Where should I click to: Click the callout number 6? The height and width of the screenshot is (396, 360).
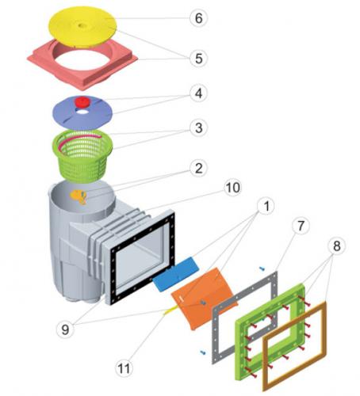tap(198, 18)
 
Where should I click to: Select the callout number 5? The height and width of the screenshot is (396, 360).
tap(198, 59)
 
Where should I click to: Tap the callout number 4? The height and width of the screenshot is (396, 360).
tap(198, 93)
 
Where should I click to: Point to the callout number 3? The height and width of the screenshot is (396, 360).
tap(198, 128)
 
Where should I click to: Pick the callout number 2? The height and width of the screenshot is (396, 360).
tap(198, 169)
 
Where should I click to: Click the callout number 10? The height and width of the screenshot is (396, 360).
tap(233, 188)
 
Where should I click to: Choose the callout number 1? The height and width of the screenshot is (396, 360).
tap(266, 206)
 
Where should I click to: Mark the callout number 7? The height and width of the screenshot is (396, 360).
tap(301, 226)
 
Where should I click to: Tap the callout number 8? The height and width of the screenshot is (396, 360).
tap(337, 246)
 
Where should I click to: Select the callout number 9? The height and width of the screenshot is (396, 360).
tap(65, 329)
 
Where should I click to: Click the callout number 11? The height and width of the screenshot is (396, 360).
tap(124, 368)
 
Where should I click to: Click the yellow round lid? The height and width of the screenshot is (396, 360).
tap(82, 26)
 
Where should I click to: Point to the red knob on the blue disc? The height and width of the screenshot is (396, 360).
tap(82, 102)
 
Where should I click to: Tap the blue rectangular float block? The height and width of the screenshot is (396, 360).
tap(175, 274)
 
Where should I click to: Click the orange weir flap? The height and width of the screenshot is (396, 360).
tap(204, 299)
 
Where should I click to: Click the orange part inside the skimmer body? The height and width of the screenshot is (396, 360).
tap(79, 196)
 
